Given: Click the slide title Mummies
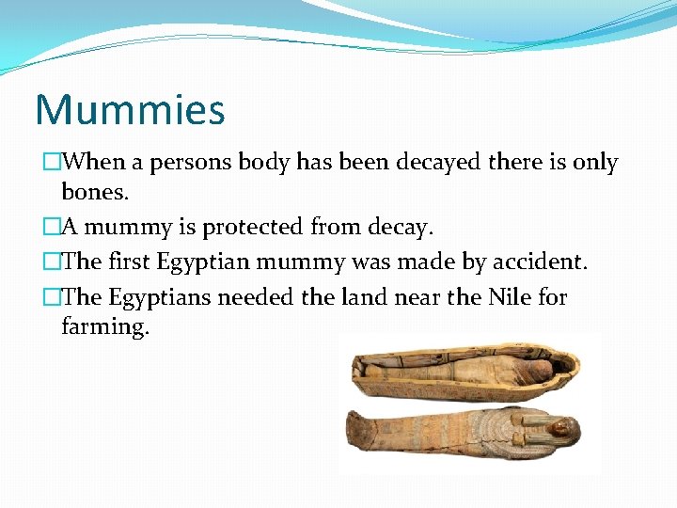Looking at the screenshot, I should [130, 110].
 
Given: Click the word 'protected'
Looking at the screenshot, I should [255, 228].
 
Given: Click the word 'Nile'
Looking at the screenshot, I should [511, 297].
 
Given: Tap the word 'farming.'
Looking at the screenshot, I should [105, 327].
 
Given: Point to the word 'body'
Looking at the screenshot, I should [263, 163].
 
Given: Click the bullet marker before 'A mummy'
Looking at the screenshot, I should [53, 228].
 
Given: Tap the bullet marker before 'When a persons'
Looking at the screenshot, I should [53, 163].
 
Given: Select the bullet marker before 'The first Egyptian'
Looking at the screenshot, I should [53, 262].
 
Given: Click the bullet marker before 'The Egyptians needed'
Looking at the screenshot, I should [53, 297].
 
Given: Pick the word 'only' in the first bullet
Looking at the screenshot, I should [594, 163].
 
